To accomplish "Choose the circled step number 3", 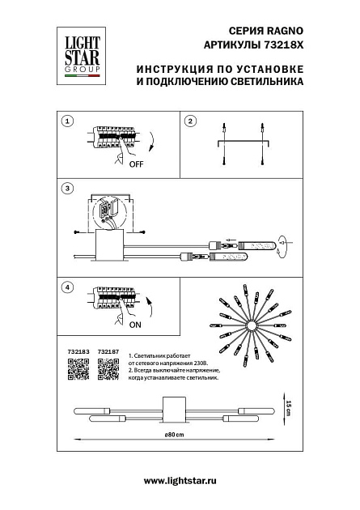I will (68, 189).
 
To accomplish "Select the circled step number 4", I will (68, 287).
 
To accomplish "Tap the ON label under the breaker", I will (134, 325).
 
